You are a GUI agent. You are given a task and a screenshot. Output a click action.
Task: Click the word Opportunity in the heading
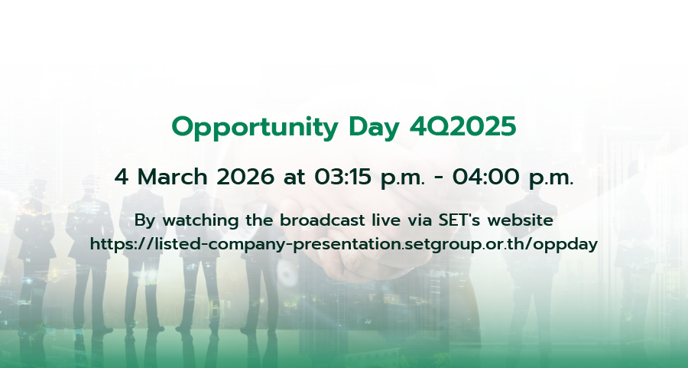[255, 127]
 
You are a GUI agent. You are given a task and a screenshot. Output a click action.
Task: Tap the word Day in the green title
[375, 127]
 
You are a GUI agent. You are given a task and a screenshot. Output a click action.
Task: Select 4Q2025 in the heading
[462, 127]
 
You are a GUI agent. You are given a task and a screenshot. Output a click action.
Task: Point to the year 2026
[245, 177]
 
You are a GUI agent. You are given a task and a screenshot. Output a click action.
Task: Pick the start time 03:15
[342, 177]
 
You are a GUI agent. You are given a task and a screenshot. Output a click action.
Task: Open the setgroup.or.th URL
[344, 244]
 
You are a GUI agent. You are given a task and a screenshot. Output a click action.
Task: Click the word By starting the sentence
[145, 221]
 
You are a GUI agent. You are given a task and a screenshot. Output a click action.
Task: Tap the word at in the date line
[294, 177]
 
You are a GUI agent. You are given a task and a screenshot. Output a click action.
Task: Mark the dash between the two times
[438, 179]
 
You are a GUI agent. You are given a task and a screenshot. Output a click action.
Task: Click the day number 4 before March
[122, 177]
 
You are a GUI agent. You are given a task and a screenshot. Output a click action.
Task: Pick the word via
[420, 220]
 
